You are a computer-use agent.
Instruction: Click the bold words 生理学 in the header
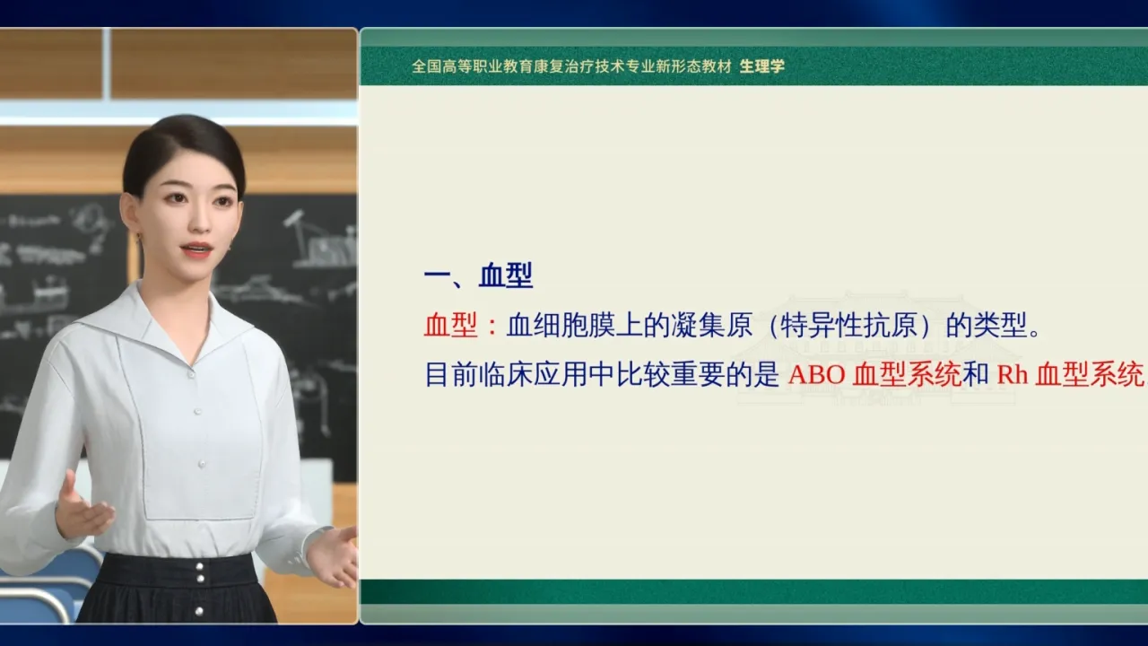[761, 66]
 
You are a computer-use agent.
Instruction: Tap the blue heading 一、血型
[479, 275]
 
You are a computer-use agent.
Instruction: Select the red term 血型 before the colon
[450, 325]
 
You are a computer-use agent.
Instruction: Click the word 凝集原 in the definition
[711, 325]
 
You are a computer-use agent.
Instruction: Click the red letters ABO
[816, 375]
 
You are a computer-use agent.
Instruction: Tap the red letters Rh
[1013, 375]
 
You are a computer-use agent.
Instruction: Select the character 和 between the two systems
[975, 375]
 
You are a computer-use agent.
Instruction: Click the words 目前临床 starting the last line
[479, 375]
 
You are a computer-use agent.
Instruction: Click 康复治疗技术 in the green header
[579, 66]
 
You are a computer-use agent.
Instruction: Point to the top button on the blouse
[191, 375]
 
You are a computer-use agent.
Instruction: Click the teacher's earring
[138, 236]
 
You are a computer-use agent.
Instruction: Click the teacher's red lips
[196, 249]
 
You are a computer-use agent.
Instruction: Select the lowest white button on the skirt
[199, 611]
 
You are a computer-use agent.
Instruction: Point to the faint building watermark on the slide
[876, 349]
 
